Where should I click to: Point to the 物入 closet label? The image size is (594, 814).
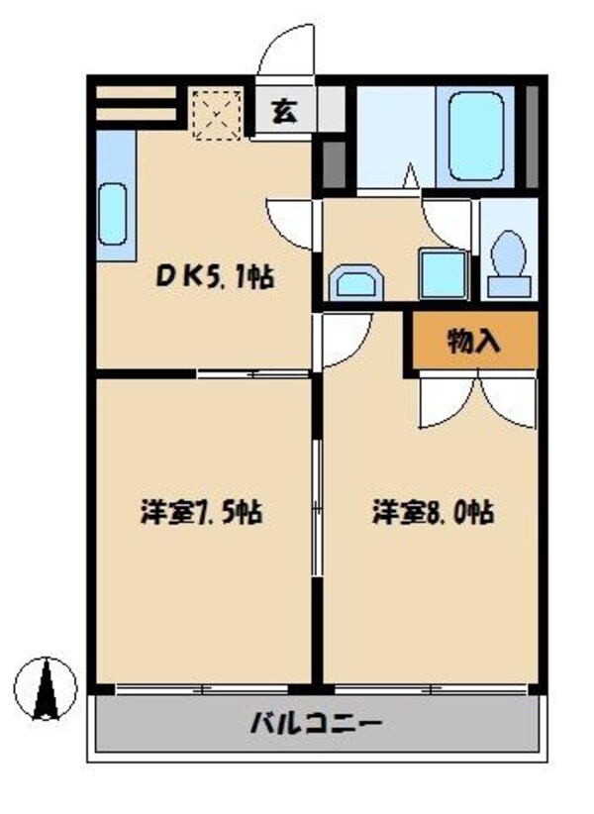point(473,343)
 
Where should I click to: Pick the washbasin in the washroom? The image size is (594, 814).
point(354,282)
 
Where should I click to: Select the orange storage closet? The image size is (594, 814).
point(473,342)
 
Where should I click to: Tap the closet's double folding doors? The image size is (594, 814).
point(476,400)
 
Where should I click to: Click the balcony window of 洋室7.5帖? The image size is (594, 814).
point(203,687)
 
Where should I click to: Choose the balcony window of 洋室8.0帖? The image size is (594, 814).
point(432,687)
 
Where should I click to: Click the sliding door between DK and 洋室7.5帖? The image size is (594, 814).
point(252,374)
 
